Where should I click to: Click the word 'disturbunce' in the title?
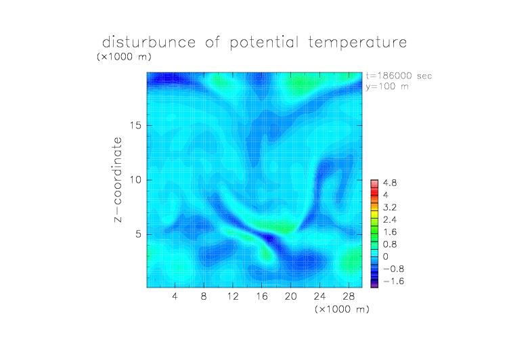pos(149,42)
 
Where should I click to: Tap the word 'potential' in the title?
pos(264,43)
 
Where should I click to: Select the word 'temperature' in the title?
pos(357,43)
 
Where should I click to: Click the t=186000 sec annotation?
pos(399,76)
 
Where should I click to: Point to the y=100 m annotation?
pos(387,87)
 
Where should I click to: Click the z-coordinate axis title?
pos(118,179)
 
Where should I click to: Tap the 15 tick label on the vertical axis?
pos(135,125)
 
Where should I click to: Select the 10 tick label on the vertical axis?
pos(135,180)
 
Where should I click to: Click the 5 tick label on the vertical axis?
pos(138,234)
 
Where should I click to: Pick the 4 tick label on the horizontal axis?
pos(175,296)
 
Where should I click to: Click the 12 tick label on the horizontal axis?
pos(233,296)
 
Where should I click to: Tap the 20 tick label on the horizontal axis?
pos(290,296)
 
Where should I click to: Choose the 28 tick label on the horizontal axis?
pos(349,296)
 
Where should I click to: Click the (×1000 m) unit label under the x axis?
pos(342,309)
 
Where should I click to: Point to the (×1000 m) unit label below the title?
pos(124,57)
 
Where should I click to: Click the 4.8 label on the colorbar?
pos(390,183)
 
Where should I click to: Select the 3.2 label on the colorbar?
pos(390,208)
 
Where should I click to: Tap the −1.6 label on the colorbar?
pos(393,281)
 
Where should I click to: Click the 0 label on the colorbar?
pos(385,256)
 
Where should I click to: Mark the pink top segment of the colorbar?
pos(374,184)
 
